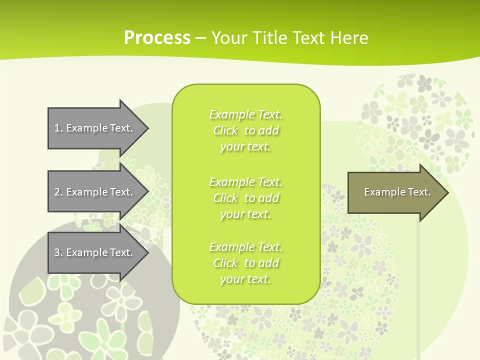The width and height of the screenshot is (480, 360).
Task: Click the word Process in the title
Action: pos(157,38)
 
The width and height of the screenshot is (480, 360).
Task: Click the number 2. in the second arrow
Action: pos(58,192)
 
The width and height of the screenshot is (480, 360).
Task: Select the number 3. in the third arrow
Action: pos(58,252)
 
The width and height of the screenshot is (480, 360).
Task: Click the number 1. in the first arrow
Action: pos(58,128)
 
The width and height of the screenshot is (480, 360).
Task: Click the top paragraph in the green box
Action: pos(245,130)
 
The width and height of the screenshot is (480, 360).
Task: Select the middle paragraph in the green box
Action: pos(245,198)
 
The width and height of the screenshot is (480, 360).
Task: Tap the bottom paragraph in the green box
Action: pos(245,263)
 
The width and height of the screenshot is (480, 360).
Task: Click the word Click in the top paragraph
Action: pos(225,130)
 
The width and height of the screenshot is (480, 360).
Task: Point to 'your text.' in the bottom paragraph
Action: pos(245,279)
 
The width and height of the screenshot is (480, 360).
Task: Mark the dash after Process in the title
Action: pos(200,38)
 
